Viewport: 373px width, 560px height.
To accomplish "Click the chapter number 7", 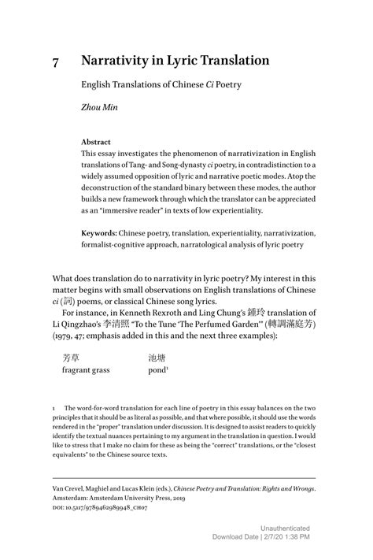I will click(x=56, y=61).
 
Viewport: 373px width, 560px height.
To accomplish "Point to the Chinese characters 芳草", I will click(x=72, y=358).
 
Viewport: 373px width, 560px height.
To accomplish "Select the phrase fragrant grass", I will click(x=86, y=370).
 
